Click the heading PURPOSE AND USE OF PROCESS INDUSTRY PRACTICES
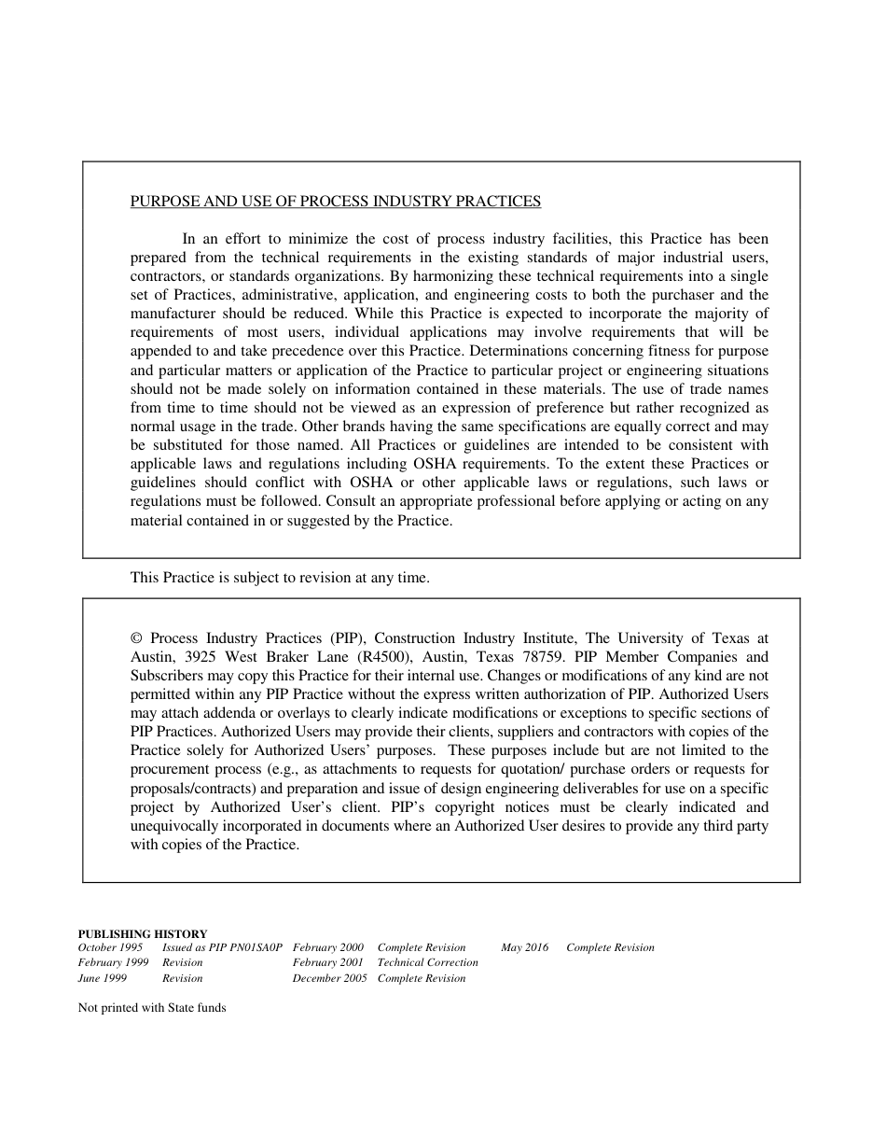click(x=336, y=202)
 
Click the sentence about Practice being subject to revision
click(x=280, y=578)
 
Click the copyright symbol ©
click(x=136, y=638)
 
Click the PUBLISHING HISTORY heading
click(x=143, y=933)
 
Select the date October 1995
click(x=111, y=947)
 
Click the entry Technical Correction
click(x=428, y=962)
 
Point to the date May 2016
click(x=525, y=947)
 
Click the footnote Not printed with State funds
click(x=152, y=1008)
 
